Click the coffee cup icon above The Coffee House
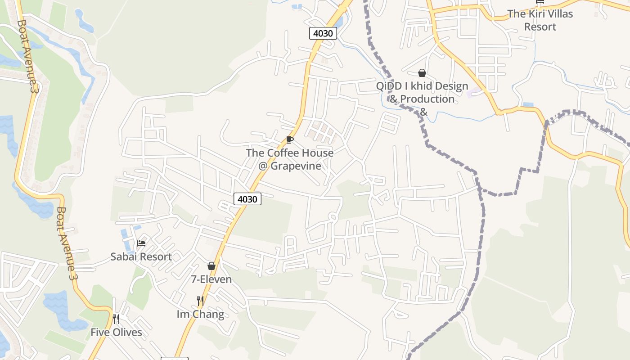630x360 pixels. point(290,140)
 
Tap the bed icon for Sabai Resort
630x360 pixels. point(141,243)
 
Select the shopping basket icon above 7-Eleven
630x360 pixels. point(211,266)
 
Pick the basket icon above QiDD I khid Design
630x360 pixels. point(422,73)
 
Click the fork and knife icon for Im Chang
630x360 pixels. point(201,301)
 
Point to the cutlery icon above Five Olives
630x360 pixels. point(116,319)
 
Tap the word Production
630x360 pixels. point(427,99)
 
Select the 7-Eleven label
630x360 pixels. point(211,279)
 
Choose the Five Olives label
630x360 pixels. point(116,333)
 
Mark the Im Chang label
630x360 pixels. point(200,314)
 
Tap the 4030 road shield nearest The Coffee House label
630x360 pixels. point(247,198)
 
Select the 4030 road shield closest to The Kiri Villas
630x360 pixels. point(323,33)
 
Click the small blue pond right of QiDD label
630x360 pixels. point(528,105)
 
